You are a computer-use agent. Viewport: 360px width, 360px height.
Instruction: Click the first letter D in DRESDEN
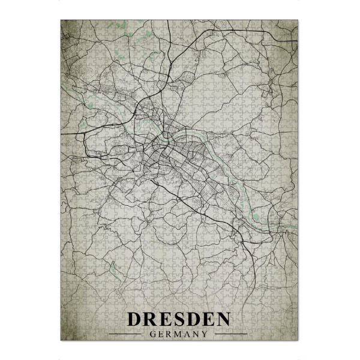pyautogui.click(x=134, y=319)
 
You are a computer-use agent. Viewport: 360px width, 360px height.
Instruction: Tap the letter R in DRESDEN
pyautogui.click(x=151, y=319)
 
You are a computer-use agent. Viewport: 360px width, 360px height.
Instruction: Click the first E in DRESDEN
pyautogui.click(x=166, y=319)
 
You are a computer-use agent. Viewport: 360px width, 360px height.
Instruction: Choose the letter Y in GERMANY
pyautogui.click(x=206, y=334)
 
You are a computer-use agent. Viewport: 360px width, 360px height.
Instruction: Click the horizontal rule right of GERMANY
pyautogui.click(x=231, y=334)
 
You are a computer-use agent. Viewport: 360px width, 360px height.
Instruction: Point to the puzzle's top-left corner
pyautogui.click(x=61, y=20)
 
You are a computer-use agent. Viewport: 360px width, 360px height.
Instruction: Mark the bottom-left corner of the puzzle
pyautogui.click(x=61, y=340)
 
